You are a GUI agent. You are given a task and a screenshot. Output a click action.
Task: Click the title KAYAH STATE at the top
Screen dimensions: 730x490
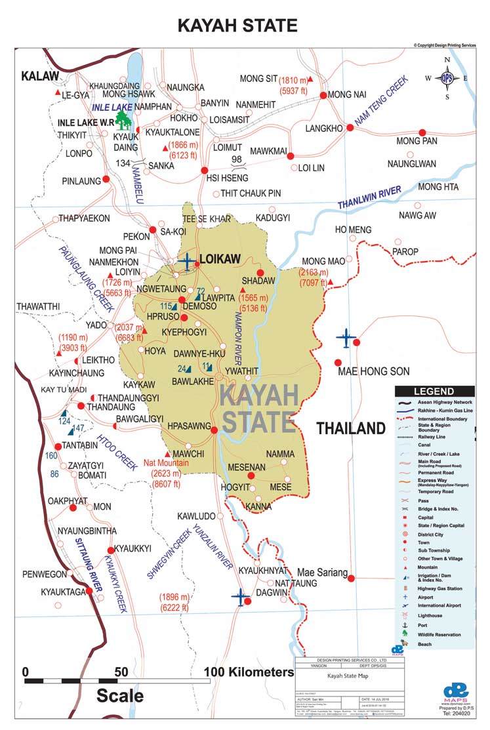(238, 25)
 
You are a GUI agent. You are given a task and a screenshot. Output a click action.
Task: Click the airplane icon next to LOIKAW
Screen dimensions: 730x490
(188, 261)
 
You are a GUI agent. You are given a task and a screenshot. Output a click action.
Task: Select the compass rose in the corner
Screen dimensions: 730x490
(447, 78)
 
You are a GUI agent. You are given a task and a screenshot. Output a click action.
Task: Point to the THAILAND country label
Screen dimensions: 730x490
(351, 429)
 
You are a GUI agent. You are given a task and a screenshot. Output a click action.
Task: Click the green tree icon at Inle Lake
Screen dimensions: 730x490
(121, 119)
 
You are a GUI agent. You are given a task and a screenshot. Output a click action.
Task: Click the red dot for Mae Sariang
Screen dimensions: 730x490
(352, 578)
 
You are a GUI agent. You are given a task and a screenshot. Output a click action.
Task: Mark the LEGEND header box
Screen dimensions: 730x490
(434, 391)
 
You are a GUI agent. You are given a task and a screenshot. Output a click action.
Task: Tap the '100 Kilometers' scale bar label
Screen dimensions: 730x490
(248, 672)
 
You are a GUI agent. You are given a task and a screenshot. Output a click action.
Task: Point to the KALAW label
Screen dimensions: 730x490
(40, 77)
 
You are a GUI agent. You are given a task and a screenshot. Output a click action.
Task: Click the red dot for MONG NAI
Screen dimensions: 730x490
(323, 95)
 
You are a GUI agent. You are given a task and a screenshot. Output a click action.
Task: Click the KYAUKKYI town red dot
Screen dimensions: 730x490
(111, 550)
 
